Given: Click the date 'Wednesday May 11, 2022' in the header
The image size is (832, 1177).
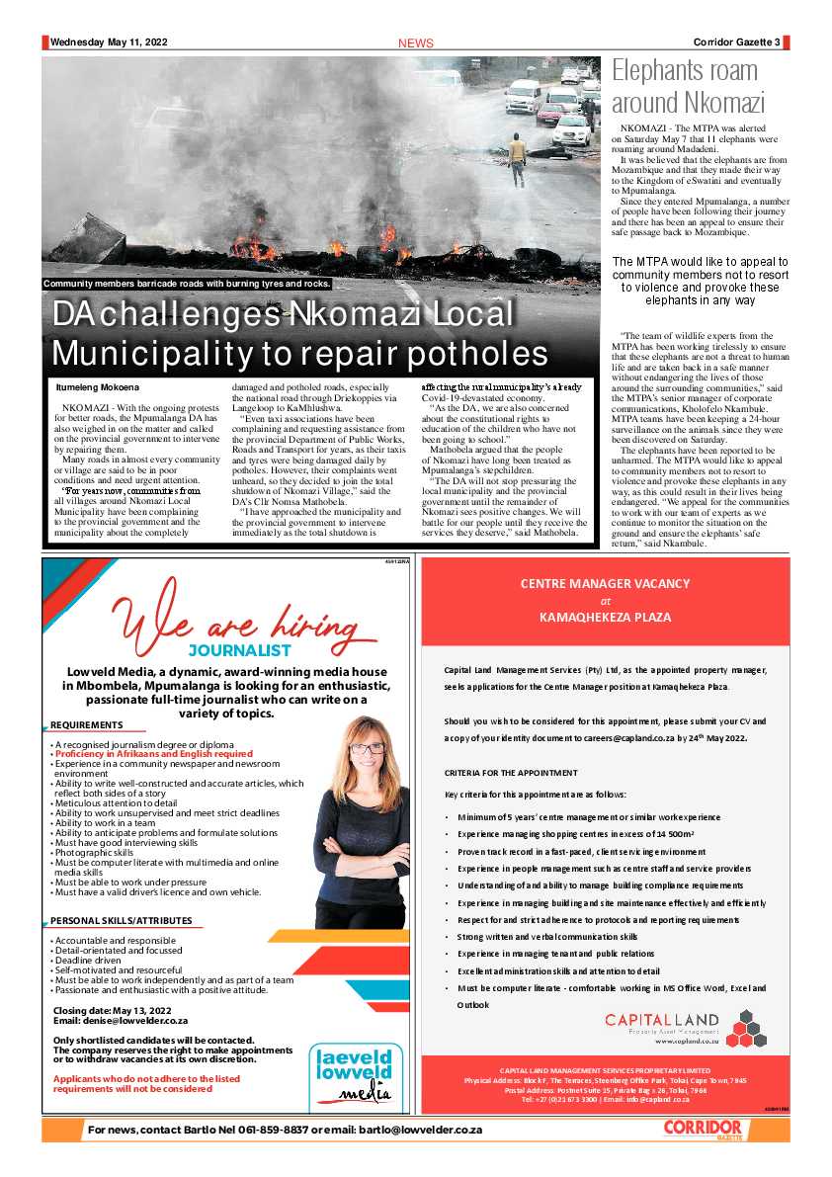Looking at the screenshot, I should [109, 42].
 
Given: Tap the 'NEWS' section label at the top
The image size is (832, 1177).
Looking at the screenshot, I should [415, 43].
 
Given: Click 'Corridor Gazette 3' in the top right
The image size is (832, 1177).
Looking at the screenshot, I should [735, 42].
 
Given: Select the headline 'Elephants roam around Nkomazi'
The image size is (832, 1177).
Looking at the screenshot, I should [688, 87].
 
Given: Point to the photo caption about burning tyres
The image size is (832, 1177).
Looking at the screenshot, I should [187, 284].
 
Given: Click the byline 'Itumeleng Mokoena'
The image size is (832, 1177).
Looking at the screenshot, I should [98, 386].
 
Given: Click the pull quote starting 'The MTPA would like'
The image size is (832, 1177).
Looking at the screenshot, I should [700, 281].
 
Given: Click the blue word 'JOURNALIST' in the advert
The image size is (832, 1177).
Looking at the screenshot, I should [240, 651].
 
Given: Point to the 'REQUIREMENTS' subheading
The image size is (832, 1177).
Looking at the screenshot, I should [88, 725].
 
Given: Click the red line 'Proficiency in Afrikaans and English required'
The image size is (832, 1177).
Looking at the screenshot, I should [154, 754].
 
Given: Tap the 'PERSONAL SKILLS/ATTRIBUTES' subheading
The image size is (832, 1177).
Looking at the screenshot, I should [122, 921].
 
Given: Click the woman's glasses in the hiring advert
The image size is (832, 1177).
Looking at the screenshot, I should [367, 749].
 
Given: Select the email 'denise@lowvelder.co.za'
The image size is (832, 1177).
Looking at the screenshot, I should [138, 1020].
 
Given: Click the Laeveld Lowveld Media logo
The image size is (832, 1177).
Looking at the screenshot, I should [352, 1073].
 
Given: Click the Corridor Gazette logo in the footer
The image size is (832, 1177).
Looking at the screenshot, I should [702, 1129].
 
